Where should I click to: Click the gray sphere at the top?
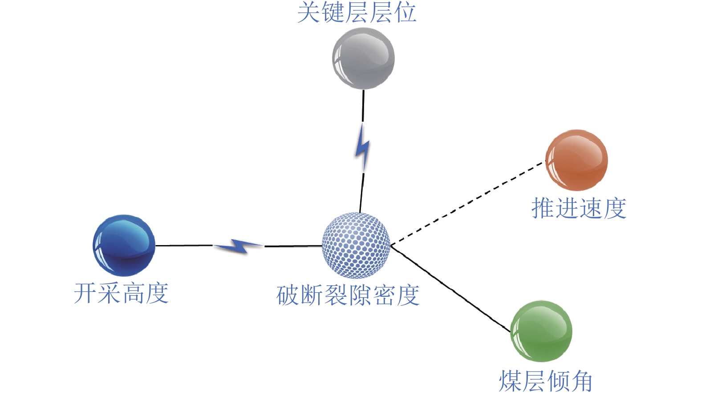tap(363, 58)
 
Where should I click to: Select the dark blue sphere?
tap(124, 246)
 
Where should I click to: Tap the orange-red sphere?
tap(576, 160)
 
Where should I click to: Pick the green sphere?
tap(541, 331)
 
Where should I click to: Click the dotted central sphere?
tap(356, 246)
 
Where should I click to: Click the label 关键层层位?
tap(357, 12)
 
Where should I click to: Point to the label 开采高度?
tap(121, 293)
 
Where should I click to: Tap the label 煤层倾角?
tap(545, 381)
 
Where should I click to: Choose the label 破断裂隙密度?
tap(348, 295)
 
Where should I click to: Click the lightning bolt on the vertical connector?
tap(363, 147)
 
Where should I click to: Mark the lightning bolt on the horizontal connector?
tap(238, 246)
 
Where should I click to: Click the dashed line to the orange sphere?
tap(467, 203)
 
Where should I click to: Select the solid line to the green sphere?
tap(450, 289)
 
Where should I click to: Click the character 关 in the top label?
tap(309, 12)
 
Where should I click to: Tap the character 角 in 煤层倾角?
tap(581, 381)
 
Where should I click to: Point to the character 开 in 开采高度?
tap(85, 293)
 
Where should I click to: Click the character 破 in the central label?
tap(288, 295)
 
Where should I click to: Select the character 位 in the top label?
tap(405, 12)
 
